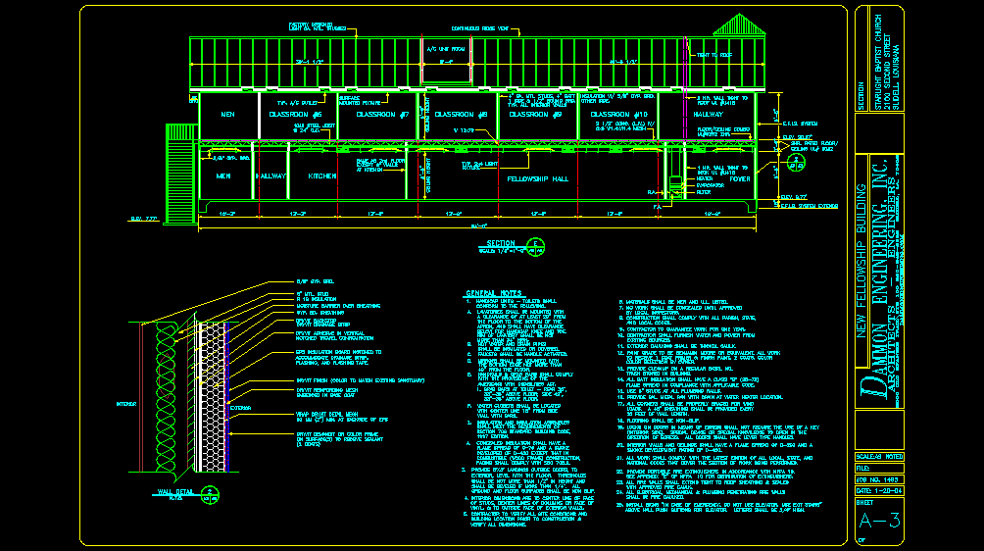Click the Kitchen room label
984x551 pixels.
tap(323, 175)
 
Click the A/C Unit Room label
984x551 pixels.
tap(444, 48)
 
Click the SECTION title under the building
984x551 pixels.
tap(501, 243)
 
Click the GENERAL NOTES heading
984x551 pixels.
tap(495, 293)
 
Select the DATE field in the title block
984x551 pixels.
tap(877, 491)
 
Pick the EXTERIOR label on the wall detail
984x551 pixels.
tap(241, 404)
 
